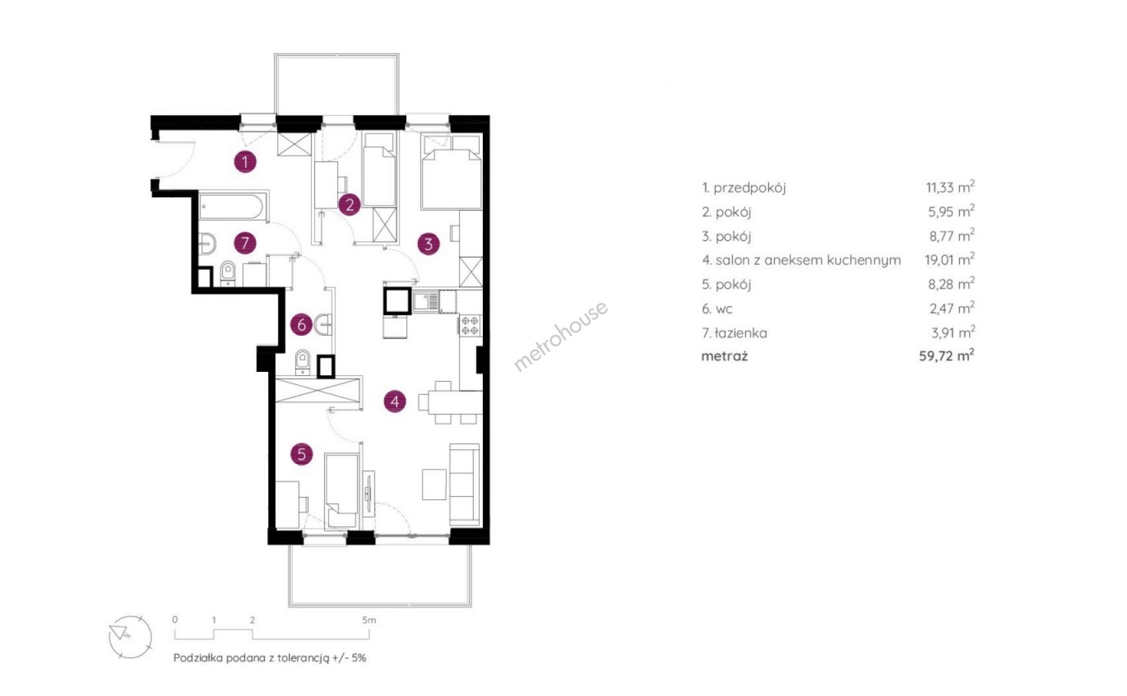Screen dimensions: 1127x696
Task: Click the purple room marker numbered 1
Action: [x=245, y=162]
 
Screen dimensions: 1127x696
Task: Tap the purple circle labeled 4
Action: [x=395, y=401]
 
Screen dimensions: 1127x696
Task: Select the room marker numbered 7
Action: [x=245, y=243]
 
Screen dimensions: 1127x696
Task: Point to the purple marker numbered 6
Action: [x=301, y=325]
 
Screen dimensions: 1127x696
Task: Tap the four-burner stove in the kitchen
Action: [x=470, y=325]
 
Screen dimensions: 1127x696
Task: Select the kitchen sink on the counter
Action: [x=426, y=302]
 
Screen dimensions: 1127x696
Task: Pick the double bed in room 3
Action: [x=451, y=172]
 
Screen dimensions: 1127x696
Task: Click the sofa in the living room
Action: [x=464, y=484]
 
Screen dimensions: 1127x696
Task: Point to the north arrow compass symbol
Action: [x=130, y=637]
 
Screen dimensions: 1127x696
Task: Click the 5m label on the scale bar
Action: [x=369, y=620]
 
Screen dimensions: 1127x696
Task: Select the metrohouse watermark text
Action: [x=560, y=336]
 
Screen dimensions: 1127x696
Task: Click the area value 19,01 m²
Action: [x=950, y=260]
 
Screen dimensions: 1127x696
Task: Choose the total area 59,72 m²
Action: [x=946, y=356]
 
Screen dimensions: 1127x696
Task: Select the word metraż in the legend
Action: [x=725, y=356]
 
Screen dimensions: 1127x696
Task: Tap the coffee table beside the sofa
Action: [x=435, y=484]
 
